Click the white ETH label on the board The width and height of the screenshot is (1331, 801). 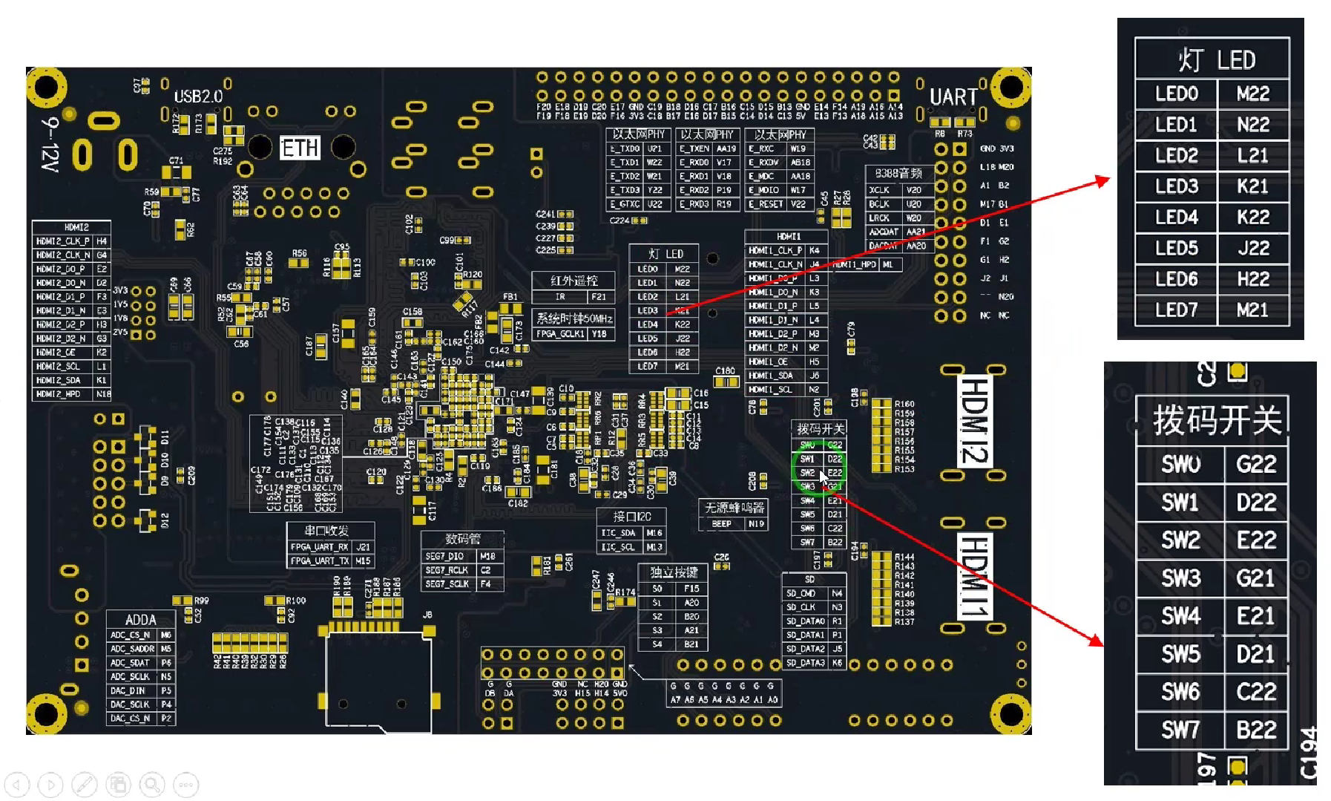coord(300,148)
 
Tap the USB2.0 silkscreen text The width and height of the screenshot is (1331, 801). coord(198,97)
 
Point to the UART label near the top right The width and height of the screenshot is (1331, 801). coord(953,97)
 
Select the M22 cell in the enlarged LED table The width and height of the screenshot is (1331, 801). coord(1252,94)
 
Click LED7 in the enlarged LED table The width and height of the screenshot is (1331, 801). coord(1176,310)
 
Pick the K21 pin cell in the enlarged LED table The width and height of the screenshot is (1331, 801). coord(1252,186)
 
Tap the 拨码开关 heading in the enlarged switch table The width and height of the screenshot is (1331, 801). coord(1217,421)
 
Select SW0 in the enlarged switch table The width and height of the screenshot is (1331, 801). coord(1180,465)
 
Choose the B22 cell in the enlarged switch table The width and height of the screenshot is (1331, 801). coord(1255,730)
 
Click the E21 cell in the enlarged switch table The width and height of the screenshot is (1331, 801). coord(1255,616)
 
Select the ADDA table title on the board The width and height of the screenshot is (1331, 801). coord(140,620)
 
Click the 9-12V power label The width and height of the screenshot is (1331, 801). coord(50,145)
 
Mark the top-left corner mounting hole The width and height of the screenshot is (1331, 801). coord(46,87)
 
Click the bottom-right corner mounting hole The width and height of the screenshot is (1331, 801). coord(1010,715)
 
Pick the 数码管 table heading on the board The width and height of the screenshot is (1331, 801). coord(462,539)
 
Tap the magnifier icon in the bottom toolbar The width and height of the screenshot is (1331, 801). coord(152,785)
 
